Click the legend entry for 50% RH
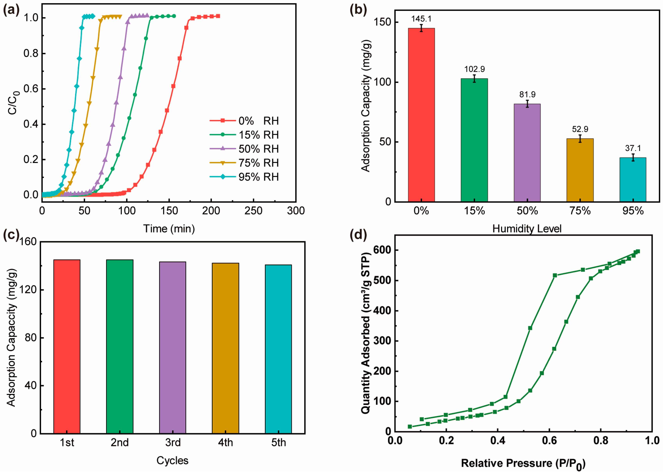coord(258,149)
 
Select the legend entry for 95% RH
coord(258,177)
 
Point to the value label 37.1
coord(633,148)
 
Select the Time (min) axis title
coord(169,229)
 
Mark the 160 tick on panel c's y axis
coord(28,242)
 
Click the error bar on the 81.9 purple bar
coord(527,104)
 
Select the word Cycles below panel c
coord(172,461)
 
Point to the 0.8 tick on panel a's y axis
coord(31,53)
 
